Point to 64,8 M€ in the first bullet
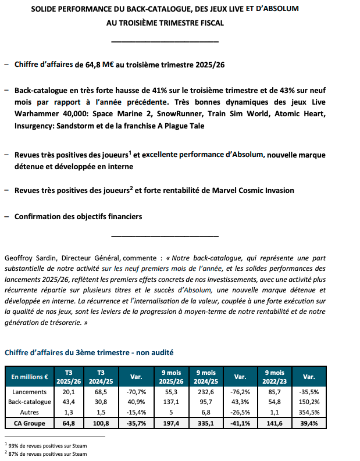[90, 65]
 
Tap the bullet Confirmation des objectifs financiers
[78, 216]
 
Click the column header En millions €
[29, 377]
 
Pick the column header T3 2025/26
[69, 377]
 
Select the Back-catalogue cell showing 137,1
[172, 402]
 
